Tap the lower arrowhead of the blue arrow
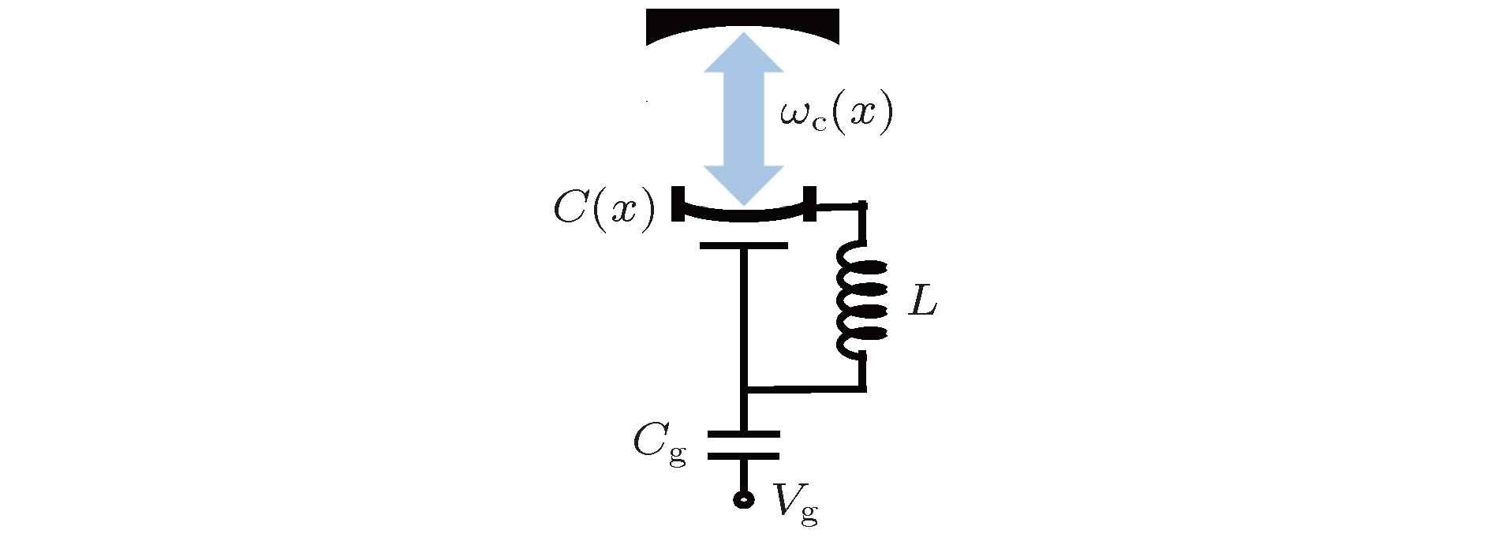coord(743,186)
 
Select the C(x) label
coord(604,209)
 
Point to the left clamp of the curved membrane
coord(678,204)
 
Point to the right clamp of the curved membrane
coord(809,204)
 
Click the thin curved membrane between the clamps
coord(743,217)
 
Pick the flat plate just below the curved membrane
coord(743,246)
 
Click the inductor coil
coord(861,300)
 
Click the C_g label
coord(660,446)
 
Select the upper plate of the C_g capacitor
coord(743,435)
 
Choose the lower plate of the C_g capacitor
coord(743,456)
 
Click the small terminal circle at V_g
coord(743,499)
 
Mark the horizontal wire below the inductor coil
coord(805,388)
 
